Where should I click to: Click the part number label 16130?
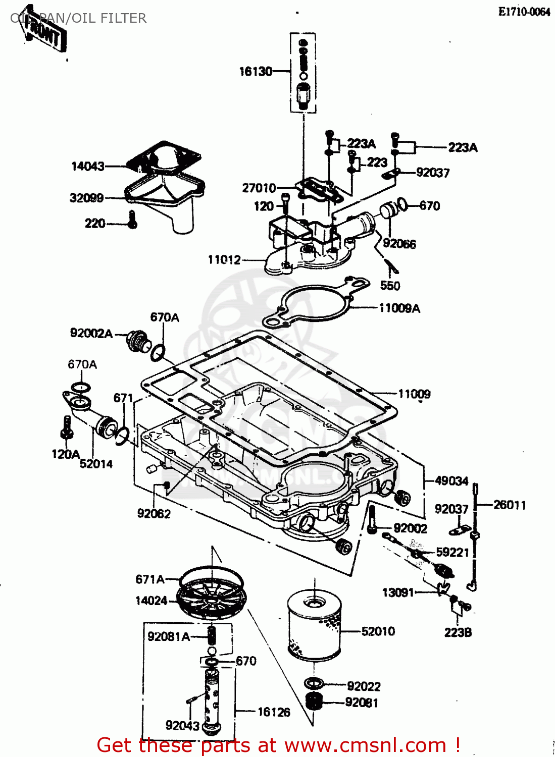click(x=256, y=72)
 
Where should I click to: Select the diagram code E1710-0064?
click(x=524, y=12)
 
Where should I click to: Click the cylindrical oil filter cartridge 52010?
click(x=314, y=626)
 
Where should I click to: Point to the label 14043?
click(x=88, y=166)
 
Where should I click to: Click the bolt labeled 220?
click(x=132, y=220)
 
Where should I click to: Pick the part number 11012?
click(x=224, y=260)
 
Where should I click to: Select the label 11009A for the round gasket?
click(x=399, y=308)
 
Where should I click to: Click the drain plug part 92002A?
click(x=137, y=341)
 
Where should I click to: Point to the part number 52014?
click(x=96, y=464)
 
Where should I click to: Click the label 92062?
click(x=154, y=514)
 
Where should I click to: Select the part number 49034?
click(x=451, y=481)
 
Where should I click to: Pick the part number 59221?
click(x=452, y=553)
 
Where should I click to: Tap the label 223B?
click(x=458, y=632)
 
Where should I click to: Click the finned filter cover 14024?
click(x=212, y=599)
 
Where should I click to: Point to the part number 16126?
click(x=274, y=712)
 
